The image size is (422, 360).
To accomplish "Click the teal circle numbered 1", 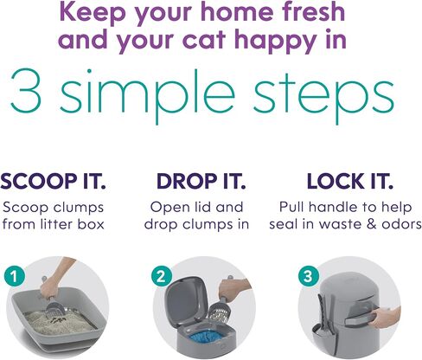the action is [x=15, y=276].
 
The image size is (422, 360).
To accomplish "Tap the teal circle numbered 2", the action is [x=162, y=276].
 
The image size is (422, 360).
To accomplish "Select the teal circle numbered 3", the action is [x=309, y=276].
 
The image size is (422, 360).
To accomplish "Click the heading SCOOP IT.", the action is [x=54, y=182].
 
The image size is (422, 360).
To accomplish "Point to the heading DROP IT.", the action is [x=201, y=182].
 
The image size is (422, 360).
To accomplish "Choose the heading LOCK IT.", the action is [x=350, y=182].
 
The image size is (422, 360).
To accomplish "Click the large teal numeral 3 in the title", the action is [x=26, y=91].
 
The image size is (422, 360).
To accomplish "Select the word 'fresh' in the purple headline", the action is [x=314, y=11].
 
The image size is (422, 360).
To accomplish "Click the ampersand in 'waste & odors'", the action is [x=372, y=224].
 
